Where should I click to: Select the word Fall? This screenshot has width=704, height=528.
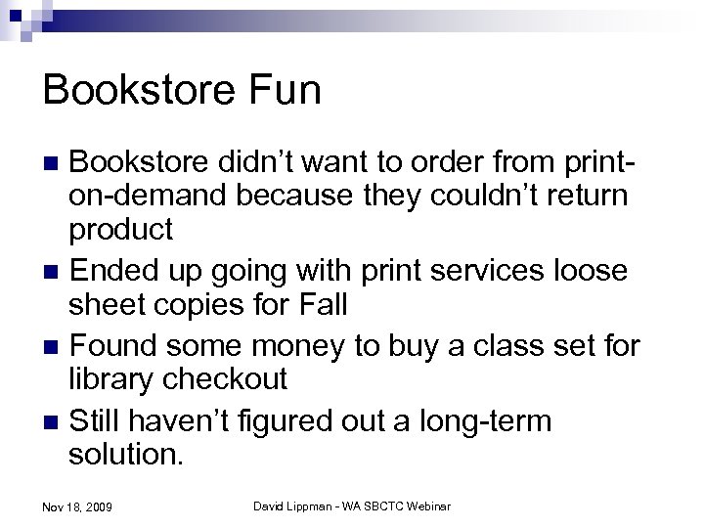tap(318, 306)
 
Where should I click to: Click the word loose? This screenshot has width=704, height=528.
tap(601, 268)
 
